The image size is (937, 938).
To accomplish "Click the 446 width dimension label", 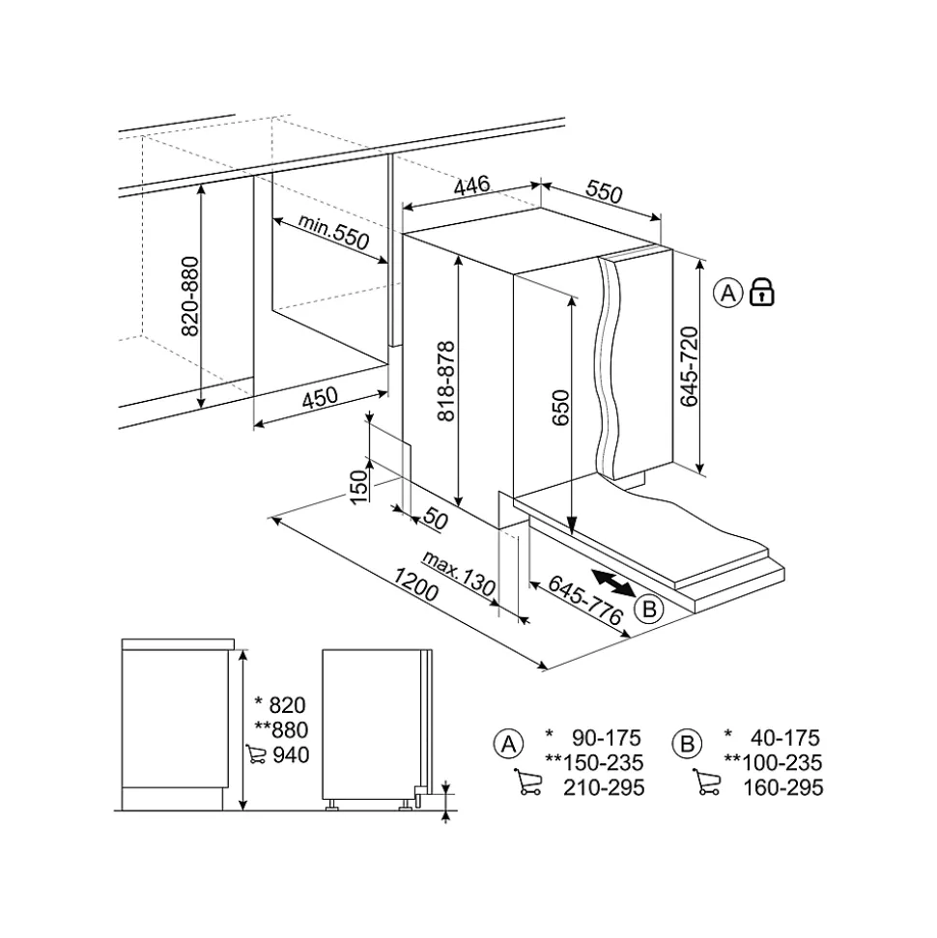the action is [x=472, y=185].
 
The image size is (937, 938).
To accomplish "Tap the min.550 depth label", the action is [x=333, y=232].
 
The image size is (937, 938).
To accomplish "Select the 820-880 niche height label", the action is [x=189, y=297].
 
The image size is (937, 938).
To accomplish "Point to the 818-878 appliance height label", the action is [x=445, y=381].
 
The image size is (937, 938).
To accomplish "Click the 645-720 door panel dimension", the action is [x=690, y=367].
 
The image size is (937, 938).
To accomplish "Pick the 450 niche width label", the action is [x=320, y=398].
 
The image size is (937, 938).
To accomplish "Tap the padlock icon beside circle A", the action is [x=762, y=292].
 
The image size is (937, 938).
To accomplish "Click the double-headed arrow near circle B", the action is [x=613, y=583].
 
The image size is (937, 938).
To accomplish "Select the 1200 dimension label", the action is [x=415, y=584].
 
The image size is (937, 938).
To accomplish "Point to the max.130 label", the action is [x=459, y=574].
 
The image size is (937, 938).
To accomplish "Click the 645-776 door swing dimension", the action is [x=585, y=600].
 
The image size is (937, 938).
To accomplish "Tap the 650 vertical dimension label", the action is [x=560, y=408].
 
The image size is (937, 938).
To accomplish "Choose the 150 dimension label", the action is [x=357, y=487].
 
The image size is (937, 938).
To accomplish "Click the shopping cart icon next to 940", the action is [x=256, y=753].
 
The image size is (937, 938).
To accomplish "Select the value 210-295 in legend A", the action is [x=604, y=787].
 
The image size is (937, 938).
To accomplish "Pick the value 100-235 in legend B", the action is [x=782, y=763].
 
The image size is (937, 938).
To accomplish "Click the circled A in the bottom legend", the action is [x=509, y=744].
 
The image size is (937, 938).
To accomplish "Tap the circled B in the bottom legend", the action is [x=687, y=744].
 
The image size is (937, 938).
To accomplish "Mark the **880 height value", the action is [x=281, y=729].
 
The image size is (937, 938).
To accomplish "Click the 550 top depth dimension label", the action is [x=604, y=191].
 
